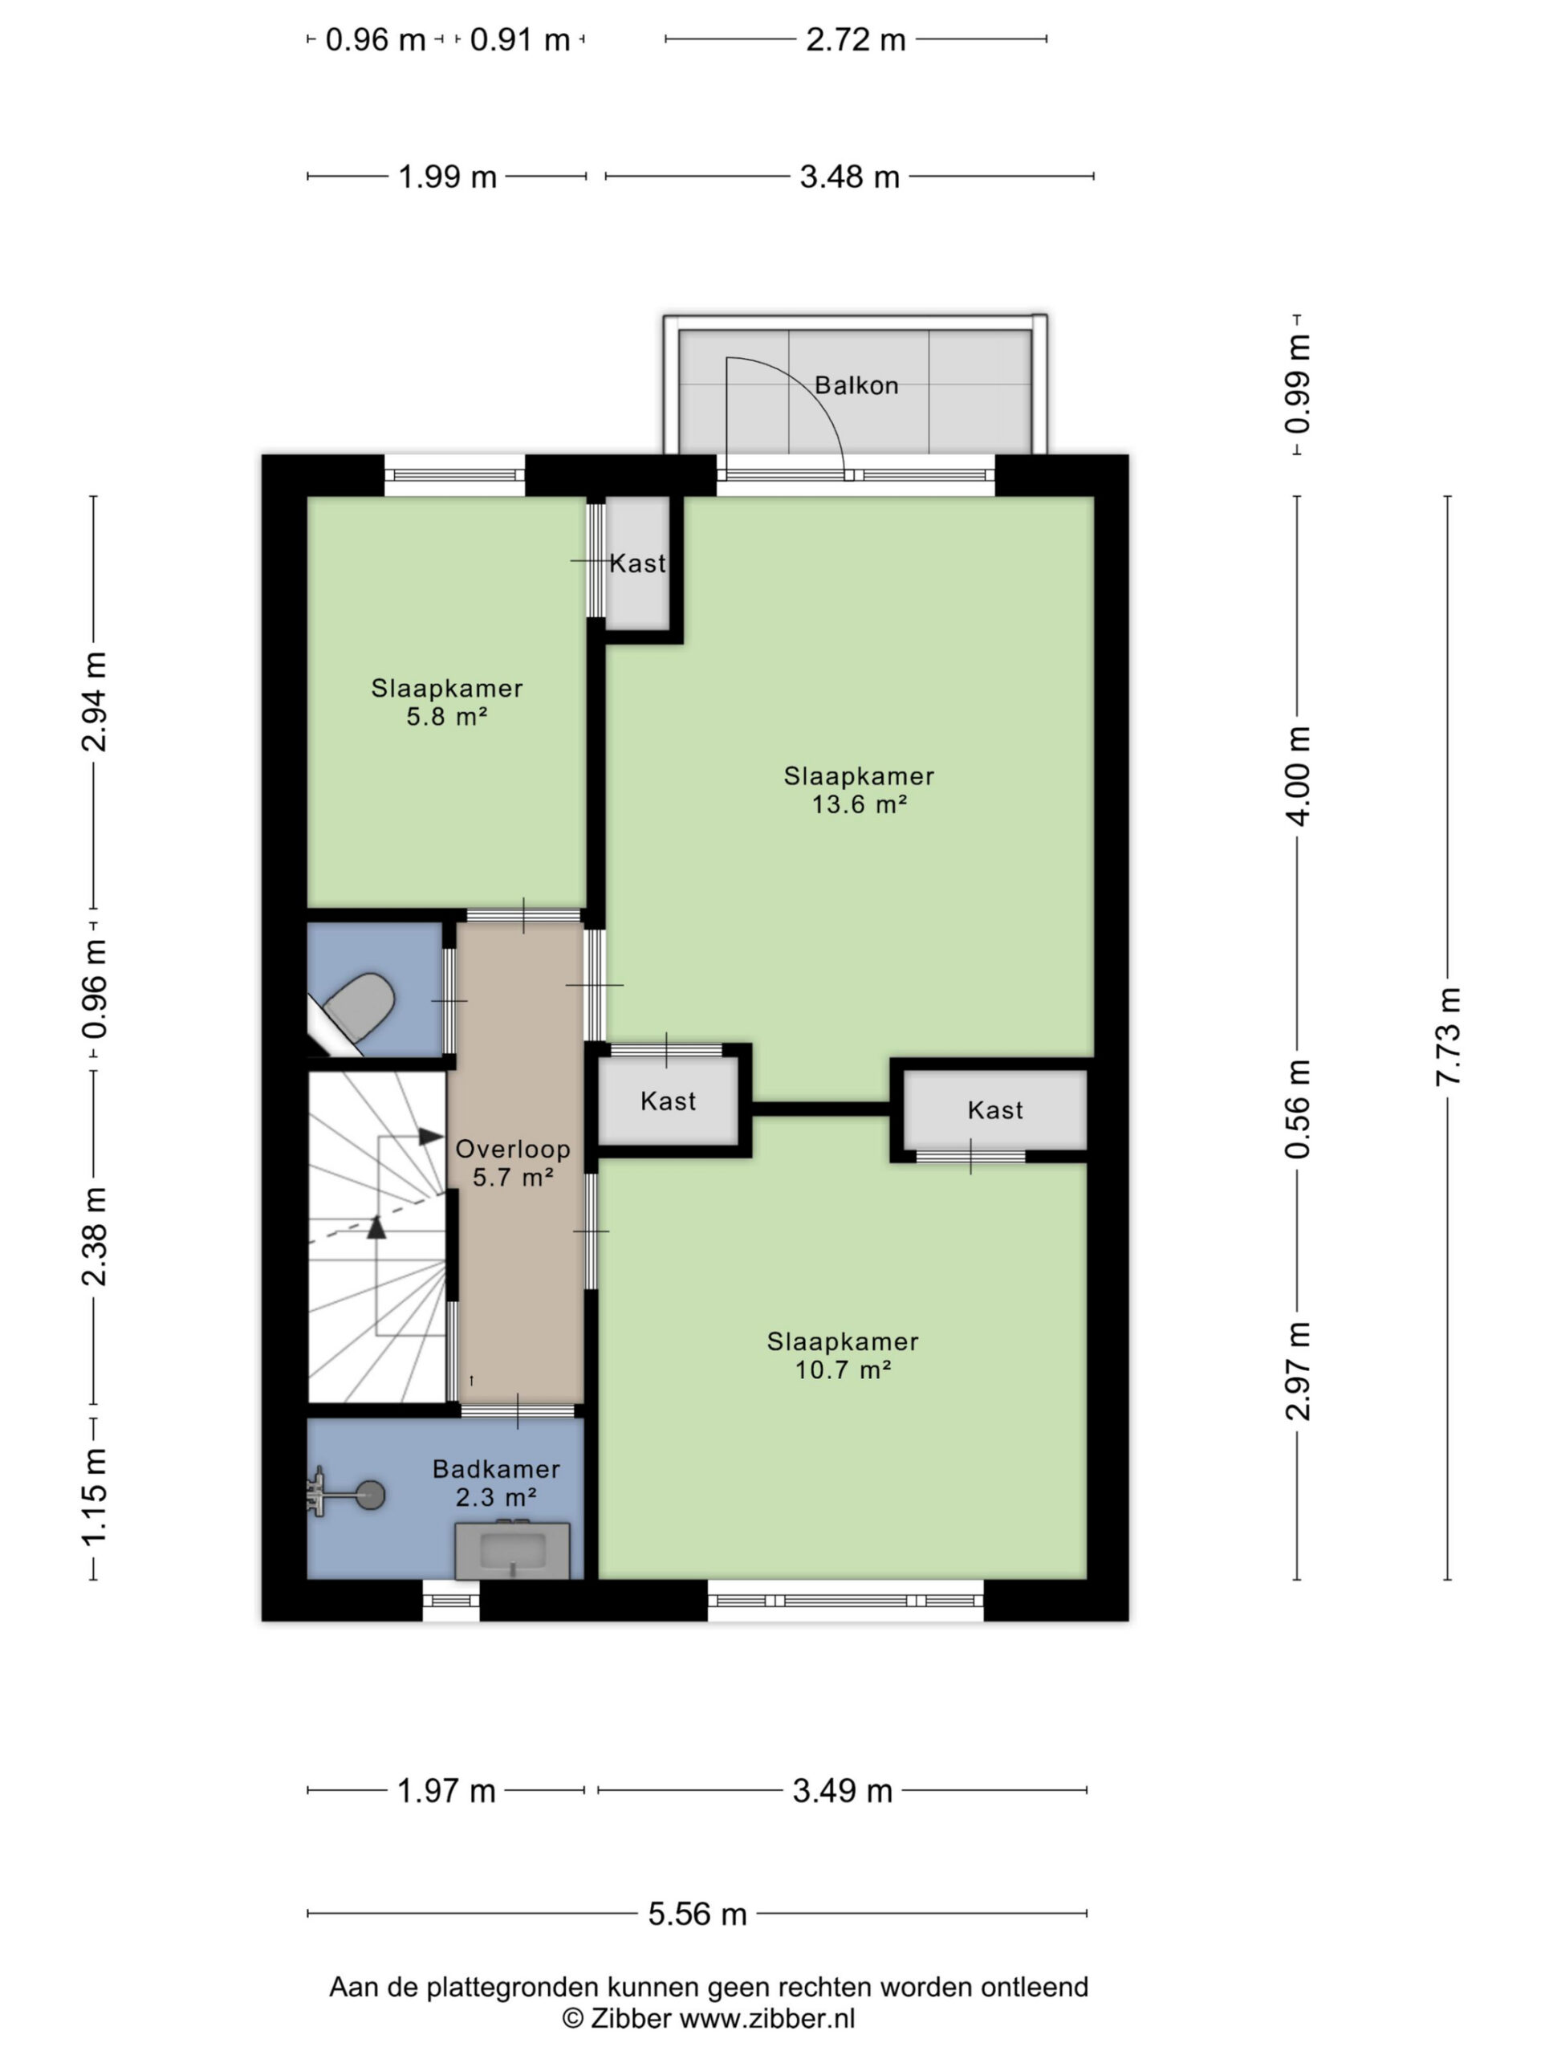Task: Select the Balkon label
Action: (x=856, y=385)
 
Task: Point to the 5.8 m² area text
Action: (x=447, y=716)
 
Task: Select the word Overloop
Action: (x=513, y=1150)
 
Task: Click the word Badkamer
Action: (x=496, y=1470)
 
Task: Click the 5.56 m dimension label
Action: (x=697, y=1915)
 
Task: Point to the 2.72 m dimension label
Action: (x=856, y=40)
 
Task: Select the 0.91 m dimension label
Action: (x=520, y=40)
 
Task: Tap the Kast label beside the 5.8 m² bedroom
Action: (x=638, y=563)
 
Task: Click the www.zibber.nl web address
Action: (x=767, y=2018)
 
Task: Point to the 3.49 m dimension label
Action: (x=843, y=1791)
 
